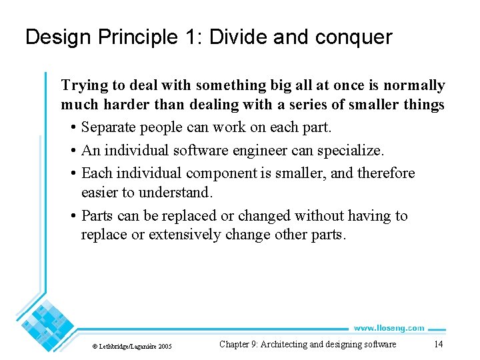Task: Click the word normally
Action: click(415, 86)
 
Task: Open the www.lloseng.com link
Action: click(388, 327)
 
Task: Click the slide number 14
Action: click(438, 344)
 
